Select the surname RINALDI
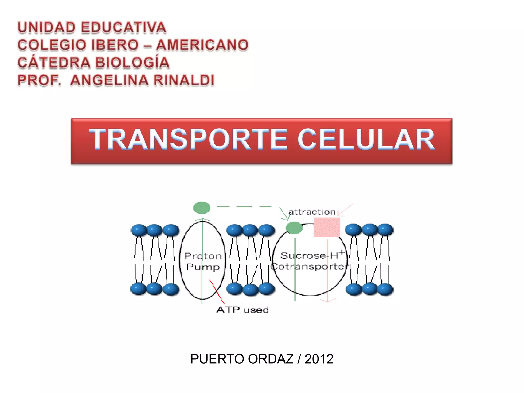(x=184, y=80)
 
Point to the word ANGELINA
(x=109, y=80)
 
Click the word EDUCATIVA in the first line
(x=124, y=28)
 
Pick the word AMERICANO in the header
(x=202, y=45)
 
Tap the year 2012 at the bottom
(x=319, y=359)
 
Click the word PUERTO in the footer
(x=217, y=359)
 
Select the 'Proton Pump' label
(x=203, y=261)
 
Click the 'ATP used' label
(x=243, y=310)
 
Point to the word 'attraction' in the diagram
(x=312, y=212)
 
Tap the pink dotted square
(x=327, y=227)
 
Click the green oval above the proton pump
(x=202, y=208)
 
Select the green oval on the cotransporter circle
(x=294, y=228)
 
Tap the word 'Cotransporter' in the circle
(x=309, y=267)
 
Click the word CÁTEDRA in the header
(x=54, y=63)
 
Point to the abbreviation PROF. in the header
(x=39, y=80)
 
